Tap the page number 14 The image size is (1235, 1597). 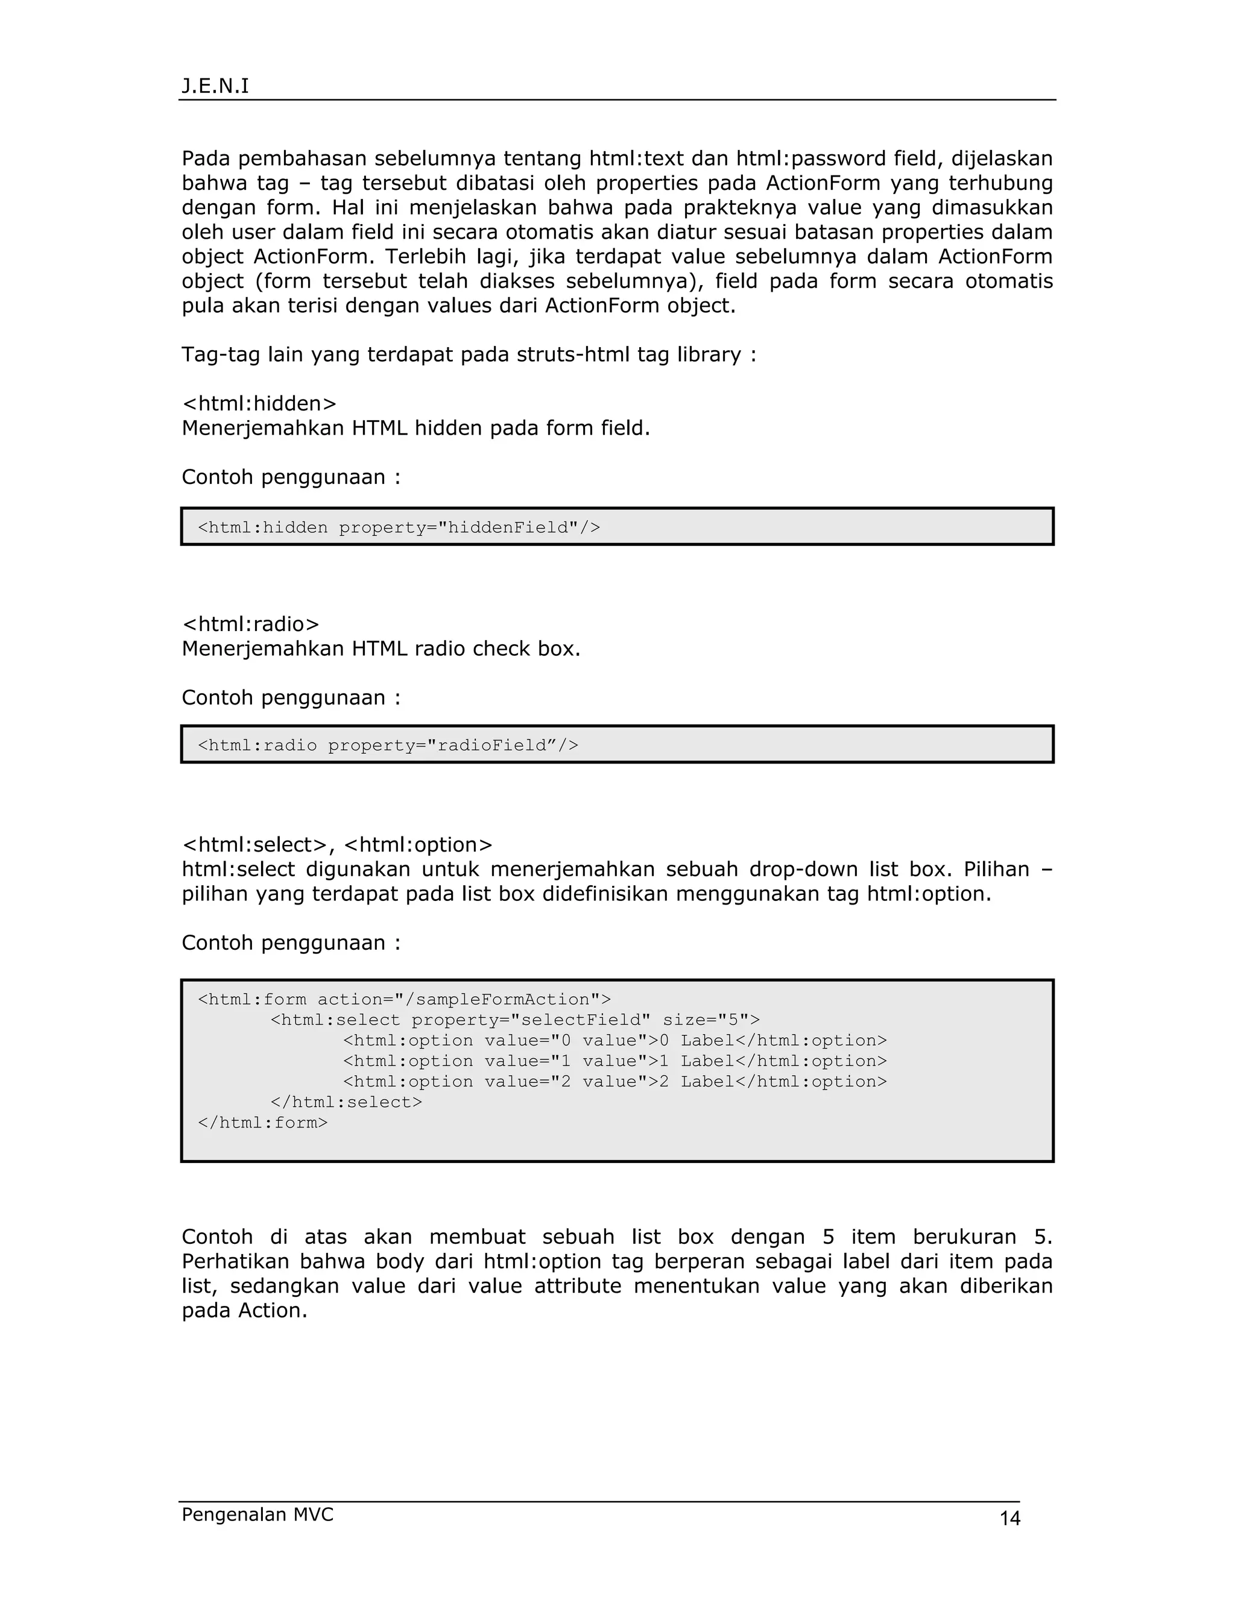[x=1009, y=1519]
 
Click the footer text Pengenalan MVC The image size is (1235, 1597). [x=257, y=1514]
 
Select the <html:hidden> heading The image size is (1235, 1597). [x=259, y=403]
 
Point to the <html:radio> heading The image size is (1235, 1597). [x=250, y=624]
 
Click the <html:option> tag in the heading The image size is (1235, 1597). [x=418, y=844]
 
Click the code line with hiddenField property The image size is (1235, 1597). [x=399, y=527]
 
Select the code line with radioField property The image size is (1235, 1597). [x=388, y=745]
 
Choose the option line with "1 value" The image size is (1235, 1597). [x=614, y=1061]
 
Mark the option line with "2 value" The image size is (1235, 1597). [x=614, y=1082]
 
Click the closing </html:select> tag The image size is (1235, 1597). [x=346, y=1102]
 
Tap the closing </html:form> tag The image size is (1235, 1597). [x=263, y=1123]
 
